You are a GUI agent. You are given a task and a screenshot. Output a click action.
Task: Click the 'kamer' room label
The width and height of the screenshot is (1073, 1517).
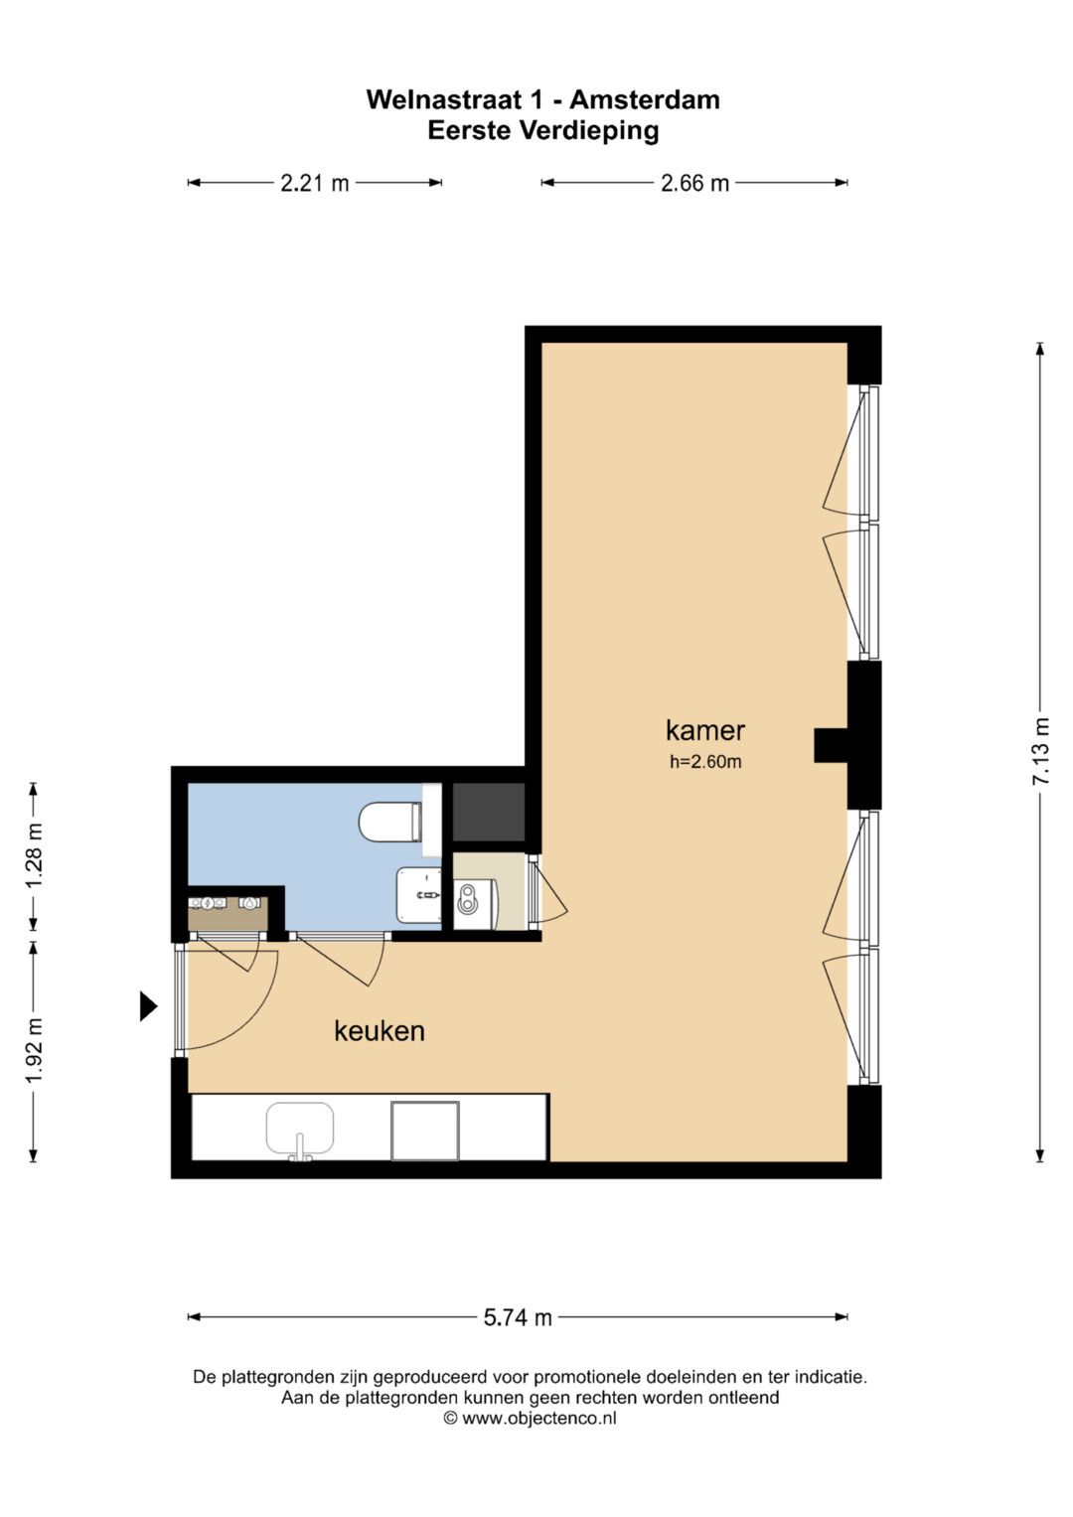(x=705, y=731)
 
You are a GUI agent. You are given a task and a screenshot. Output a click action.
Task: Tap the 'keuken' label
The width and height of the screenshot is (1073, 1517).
(x=380, y=1031)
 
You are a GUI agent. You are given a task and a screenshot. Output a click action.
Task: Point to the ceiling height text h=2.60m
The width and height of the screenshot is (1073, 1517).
(x=705, y=762)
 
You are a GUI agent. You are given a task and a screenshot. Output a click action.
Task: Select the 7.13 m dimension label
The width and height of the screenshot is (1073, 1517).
(x=1040, y=752)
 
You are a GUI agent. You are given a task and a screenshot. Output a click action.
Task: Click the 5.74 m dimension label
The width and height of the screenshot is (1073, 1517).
(x=518, y=1317)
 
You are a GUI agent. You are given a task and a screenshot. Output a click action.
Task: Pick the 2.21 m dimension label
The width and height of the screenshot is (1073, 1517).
(x=315, y=183)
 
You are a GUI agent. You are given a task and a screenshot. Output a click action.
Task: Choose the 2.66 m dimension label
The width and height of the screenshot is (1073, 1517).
(x=695, y=183)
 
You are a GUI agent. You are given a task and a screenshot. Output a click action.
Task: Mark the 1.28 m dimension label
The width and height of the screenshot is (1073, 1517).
(x=34, y=856)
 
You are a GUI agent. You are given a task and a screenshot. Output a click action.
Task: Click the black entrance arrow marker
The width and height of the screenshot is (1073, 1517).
(x=148, y=1005)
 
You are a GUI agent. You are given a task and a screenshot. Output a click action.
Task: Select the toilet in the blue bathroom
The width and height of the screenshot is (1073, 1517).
(x=389, y=823)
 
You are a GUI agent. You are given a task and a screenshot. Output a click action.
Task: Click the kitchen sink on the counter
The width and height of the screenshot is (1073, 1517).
(x=299, y=1130)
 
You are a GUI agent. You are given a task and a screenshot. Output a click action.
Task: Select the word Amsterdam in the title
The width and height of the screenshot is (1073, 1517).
(x=644, y=100)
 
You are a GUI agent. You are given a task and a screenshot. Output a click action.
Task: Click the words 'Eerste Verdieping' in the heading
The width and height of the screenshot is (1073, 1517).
(x=543, y=131)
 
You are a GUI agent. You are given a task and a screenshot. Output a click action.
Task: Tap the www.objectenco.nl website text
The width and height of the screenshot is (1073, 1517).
(x=539, y=1418)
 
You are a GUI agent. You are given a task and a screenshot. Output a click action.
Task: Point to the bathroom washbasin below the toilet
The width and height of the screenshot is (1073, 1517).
(x=418, y=894)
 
